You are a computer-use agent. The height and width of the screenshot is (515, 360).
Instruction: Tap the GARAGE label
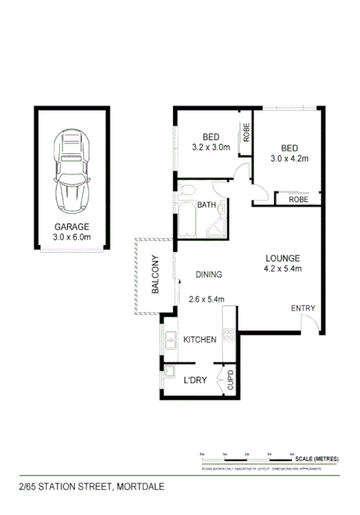tap(72, 226)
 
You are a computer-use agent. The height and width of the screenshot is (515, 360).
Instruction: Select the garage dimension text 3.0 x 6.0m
tap(72, 236)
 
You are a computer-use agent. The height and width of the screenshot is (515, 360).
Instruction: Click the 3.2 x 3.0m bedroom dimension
tap(211, 147)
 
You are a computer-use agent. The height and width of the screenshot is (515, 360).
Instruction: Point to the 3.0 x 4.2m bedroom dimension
tap(288, 158)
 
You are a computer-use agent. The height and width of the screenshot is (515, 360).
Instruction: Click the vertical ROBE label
tap(246, 135)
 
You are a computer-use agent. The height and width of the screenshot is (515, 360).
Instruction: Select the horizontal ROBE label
tap(298, 200)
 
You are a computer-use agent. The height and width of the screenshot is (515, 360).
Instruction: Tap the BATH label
tap(207, 205)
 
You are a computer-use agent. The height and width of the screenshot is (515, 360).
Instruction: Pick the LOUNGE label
tap(282, 257)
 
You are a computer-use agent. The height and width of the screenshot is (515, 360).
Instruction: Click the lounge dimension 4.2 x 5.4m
tap(282, 269)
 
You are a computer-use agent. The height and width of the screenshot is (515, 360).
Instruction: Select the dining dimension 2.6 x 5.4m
tap(208, 299)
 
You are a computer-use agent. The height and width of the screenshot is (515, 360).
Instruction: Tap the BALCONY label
tap(156, 274)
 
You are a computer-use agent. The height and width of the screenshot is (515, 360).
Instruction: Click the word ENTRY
tap(303, 308)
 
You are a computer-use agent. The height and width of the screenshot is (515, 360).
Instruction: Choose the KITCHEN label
tap(200, 340)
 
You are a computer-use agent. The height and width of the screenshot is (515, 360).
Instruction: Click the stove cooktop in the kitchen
tap(230, 334)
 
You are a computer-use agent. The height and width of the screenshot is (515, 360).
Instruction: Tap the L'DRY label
tap(195, 381)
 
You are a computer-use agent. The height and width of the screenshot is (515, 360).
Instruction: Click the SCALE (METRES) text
tap(317, 459)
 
